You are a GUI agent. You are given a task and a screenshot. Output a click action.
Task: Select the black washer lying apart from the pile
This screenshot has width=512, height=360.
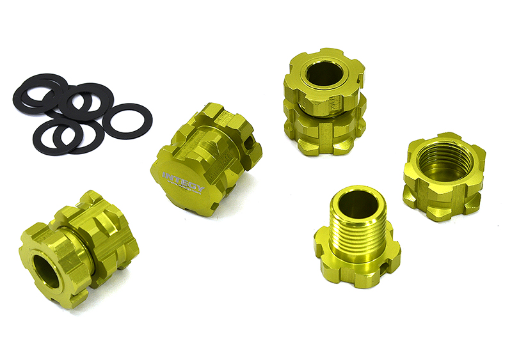click(127, 120)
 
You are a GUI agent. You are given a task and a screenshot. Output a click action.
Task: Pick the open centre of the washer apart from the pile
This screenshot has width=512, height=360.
click(127, 120)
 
